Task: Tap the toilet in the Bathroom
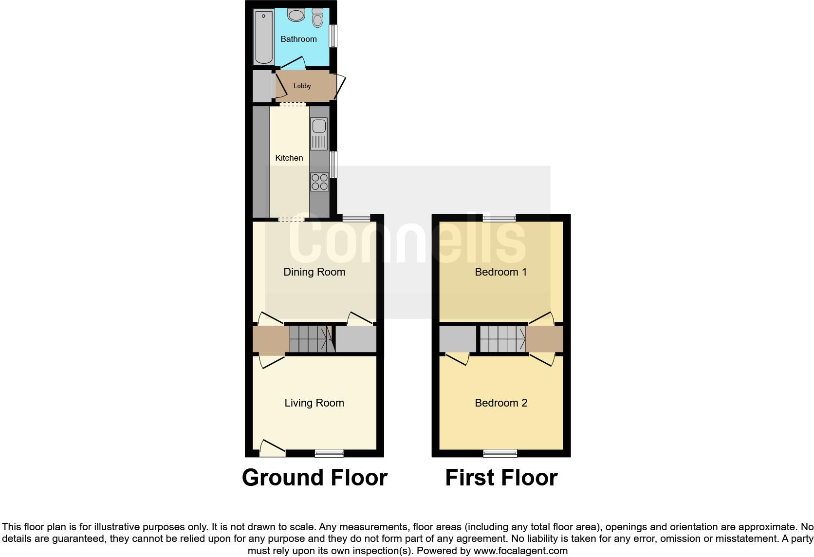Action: point(317,18)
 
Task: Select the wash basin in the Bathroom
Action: point(296,15)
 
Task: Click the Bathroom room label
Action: point(298,39)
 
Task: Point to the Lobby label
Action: point(302,86)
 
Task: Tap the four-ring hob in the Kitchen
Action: point(319,182)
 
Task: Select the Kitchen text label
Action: point(289,158)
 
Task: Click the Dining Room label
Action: point(314,272)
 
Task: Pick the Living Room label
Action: point(314,403)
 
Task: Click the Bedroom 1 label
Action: point(500,272)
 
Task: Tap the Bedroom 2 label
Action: point(500,403)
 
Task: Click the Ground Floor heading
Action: point(314,478)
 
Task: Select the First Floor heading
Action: point(501,478)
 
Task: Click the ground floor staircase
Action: point(310,338)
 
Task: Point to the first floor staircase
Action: point(502,338)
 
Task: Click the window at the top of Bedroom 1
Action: point(499,218)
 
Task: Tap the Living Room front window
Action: point(329,453)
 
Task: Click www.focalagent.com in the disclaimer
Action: point(520,551)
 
